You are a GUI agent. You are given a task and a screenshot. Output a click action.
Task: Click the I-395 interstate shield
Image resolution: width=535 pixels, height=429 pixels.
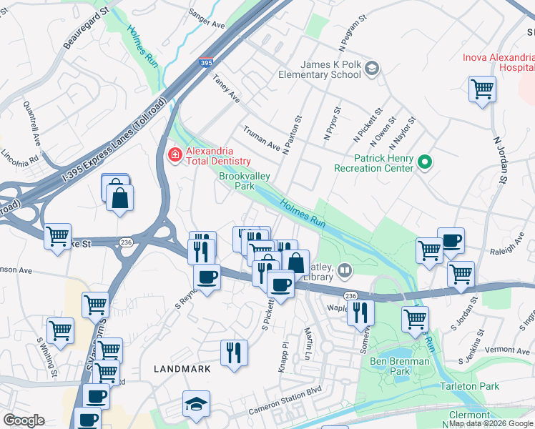206,64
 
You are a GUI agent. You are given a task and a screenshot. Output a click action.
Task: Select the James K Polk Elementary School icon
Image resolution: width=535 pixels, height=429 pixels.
371,69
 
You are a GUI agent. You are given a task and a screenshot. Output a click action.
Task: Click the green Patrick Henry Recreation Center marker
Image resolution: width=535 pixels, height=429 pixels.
424,162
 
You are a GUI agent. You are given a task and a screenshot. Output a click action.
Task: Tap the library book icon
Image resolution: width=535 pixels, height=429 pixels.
345,270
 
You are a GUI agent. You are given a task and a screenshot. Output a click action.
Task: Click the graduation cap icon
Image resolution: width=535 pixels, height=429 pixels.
197,404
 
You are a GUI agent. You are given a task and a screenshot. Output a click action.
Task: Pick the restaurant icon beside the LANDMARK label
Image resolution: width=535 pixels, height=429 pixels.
234,352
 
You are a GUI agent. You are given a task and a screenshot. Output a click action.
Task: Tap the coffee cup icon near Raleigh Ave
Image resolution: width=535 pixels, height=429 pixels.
451,241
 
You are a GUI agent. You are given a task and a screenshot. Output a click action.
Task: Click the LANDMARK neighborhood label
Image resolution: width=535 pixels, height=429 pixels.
182,369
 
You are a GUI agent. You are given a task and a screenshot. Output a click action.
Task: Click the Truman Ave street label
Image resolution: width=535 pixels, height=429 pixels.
262,136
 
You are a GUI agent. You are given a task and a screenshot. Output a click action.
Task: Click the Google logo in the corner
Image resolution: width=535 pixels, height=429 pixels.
24,420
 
